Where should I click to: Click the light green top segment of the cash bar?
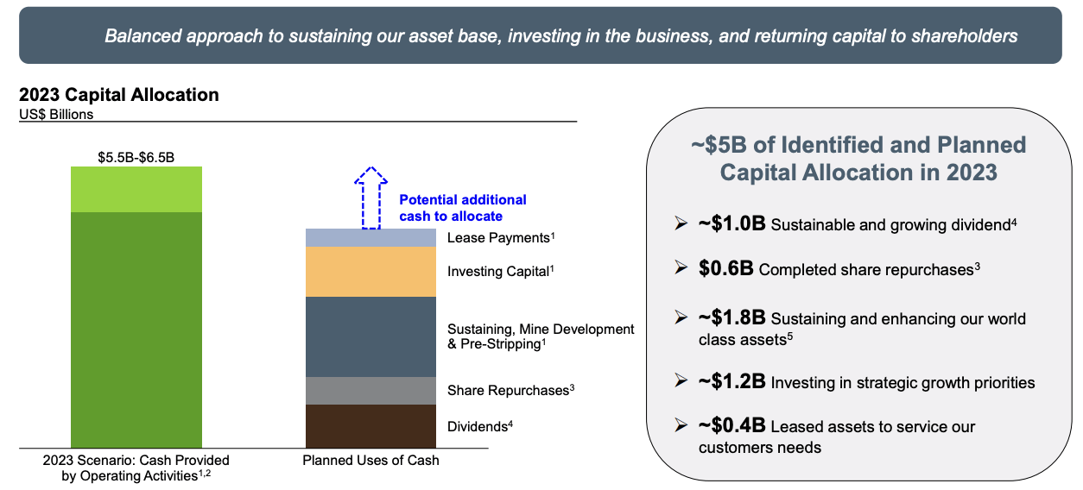pyautogui.click(x=136, y=189)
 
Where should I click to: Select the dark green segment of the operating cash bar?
pyautogui.click(x=136, y=330)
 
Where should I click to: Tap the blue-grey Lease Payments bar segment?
pyautogui.click(x=370, y=238)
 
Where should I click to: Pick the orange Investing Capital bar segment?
pyautogui.click(x=370, y=272)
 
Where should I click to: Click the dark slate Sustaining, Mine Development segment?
pyautogui.click(x=370, y=337)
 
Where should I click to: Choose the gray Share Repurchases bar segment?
pyautogui.click(x=370, y=391)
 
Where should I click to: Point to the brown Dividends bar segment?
pyautogui.click(x=370, y=426)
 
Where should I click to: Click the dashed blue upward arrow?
pyautogui.click(x=370, y=198)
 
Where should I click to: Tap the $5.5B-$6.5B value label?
pyautogui.click(x=136, y=157)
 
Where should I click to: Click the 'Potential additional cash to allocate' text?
pyautogui.click(x=463, y=208)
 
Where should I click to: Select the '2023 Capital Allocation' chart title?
pyautogui.click(x=119, y=95)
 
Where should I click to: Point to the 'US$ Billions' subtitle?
pyautogui.click(x=56, y=115)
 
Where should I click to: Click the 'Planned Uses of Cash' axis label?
pyautogui.click(x=370, y=460)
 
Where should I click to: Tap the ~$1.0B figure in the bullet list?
pyautogui.click(x=732, y=223)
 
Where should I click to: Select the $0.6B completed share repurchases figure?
pyautogui.click(x=725, y=268)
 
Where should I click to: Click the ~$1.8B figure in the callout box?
pyautogui.click(x=732, y=317)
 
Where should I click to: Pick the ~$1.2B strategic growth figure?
pyautogui.click(x=732, y=381)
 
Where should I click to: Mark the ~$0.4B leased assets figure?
pyautogui.click(x=732, y=425)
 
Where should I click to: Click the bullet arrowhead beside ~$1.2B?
pyautogui.click(x=681, y=381)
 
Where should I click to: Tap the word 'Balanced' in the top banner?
pyautogui.click(x=142, y=35)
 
